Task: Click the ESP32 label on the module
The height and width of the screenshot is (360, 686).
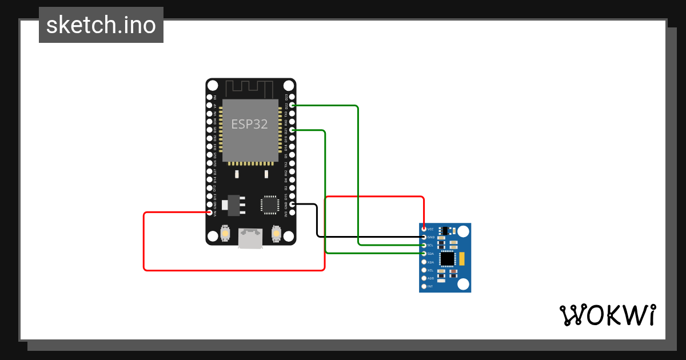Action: tap(249, 124)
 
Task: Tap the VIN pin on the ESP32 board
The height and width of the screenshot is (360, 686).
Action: tap(210, 213)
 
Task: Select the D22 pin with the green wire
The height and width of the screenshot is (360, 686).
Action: tap(292, 106)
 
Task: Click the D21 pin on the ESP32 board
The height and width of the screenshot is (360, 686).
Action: tap(292, 130)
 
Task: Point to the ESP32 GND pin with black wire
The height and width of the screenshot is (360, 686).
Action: tap(292, 204)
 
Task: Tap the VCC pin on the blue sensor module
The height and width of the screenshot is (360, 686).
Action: tap(424, 229)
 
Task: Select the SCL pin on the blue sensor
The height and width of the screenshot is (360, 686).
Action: tap(424, 245)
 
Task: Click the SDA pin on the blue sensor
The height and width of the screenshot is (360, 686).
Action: tap(424, 253)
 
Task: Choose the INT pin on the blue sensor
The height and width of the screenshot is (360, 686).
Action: tap(424, 286)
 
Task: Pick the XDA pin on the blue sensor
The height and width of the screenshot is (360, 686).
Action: tap(424, 262)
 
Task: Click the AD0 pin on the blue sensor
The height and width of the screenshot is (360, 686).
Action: tap(424, 278)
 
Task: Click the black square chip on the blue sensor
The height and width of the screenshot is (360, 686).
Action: tap(448, 259)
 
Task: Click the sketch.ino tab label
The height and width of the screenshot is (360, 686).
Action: tap(101, 25)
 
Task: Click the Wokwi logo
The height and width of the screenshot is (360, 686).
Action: tap(607, 315)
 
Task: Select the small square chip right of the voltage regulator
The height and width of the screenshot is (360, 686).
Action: tap(270, 205)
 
